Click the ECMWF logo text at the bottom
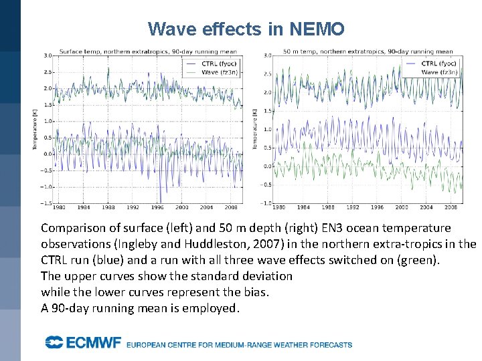click(83, 343)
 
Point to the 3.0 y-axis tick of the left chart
click(47, 55)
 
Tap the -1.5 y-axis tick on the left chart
click(46, 203)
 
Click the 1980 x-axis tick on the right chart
click(278, 208)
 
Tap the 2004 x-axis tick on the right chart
click(426, 208)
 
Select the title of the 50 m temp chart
click(368, 51)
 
